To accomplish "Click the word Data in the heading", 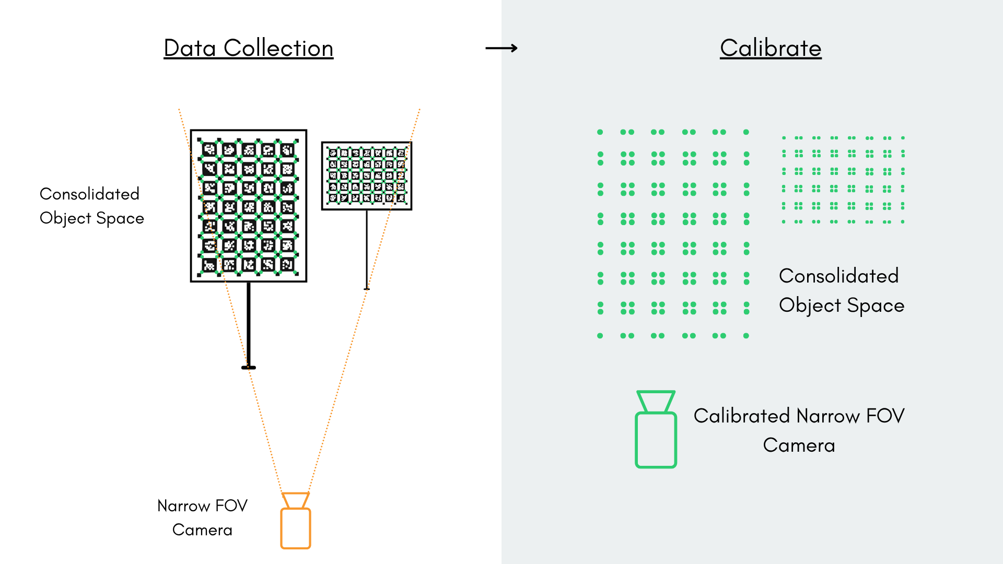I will (190, 48).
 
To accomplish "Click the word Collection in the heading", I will (278, 48).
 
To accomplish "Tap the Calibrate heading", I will (771, 48).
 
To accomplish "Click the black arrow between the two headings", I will (501, 48).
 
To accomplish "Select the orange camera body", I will (296, 528).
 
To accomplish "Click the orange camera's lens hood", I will (296, 500).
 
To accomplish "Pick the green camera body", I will (656, 440).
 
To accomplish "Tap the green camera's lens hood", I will (656, 402).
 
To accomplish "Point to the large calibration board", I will (249, 206).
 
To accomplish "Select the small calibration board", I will (367, 175).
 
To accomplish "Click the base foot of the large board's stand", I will (249, 368).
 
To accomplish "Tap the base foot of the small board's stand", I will (367, 289).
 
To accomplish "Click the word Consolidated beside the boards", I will (89, 194).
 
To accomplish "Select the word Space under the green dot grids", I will (876, 305).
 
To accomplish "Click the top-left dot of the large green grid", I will (600, 132).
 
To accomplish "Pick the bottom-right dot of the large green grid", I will (746, 336).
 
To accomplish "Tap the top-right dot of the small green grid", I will (903, 138).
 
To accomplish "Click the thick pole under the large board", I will (249, 324).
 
